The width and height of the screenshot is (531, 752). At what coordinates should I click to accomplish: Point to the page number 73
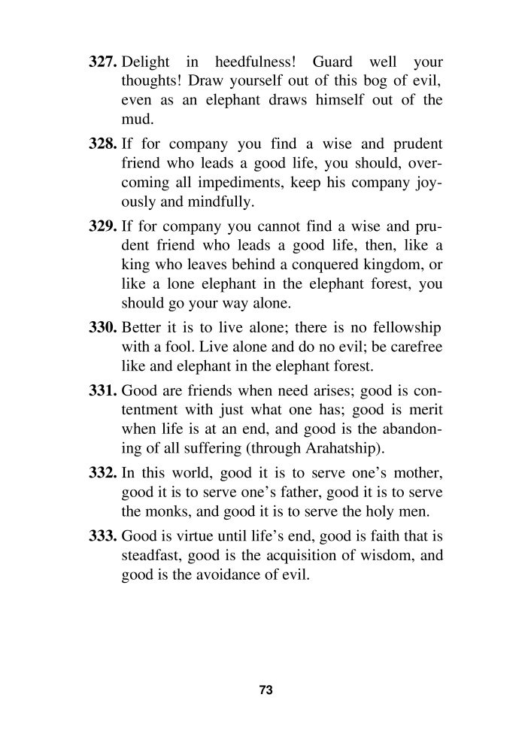[x=265, y=690]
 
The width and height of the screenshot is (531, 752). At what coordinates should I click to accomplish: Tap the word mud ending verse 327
[x=135, y=119]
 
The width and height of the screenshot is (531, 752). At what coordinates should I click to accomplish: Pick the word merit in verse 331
[x=424, y=411]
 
